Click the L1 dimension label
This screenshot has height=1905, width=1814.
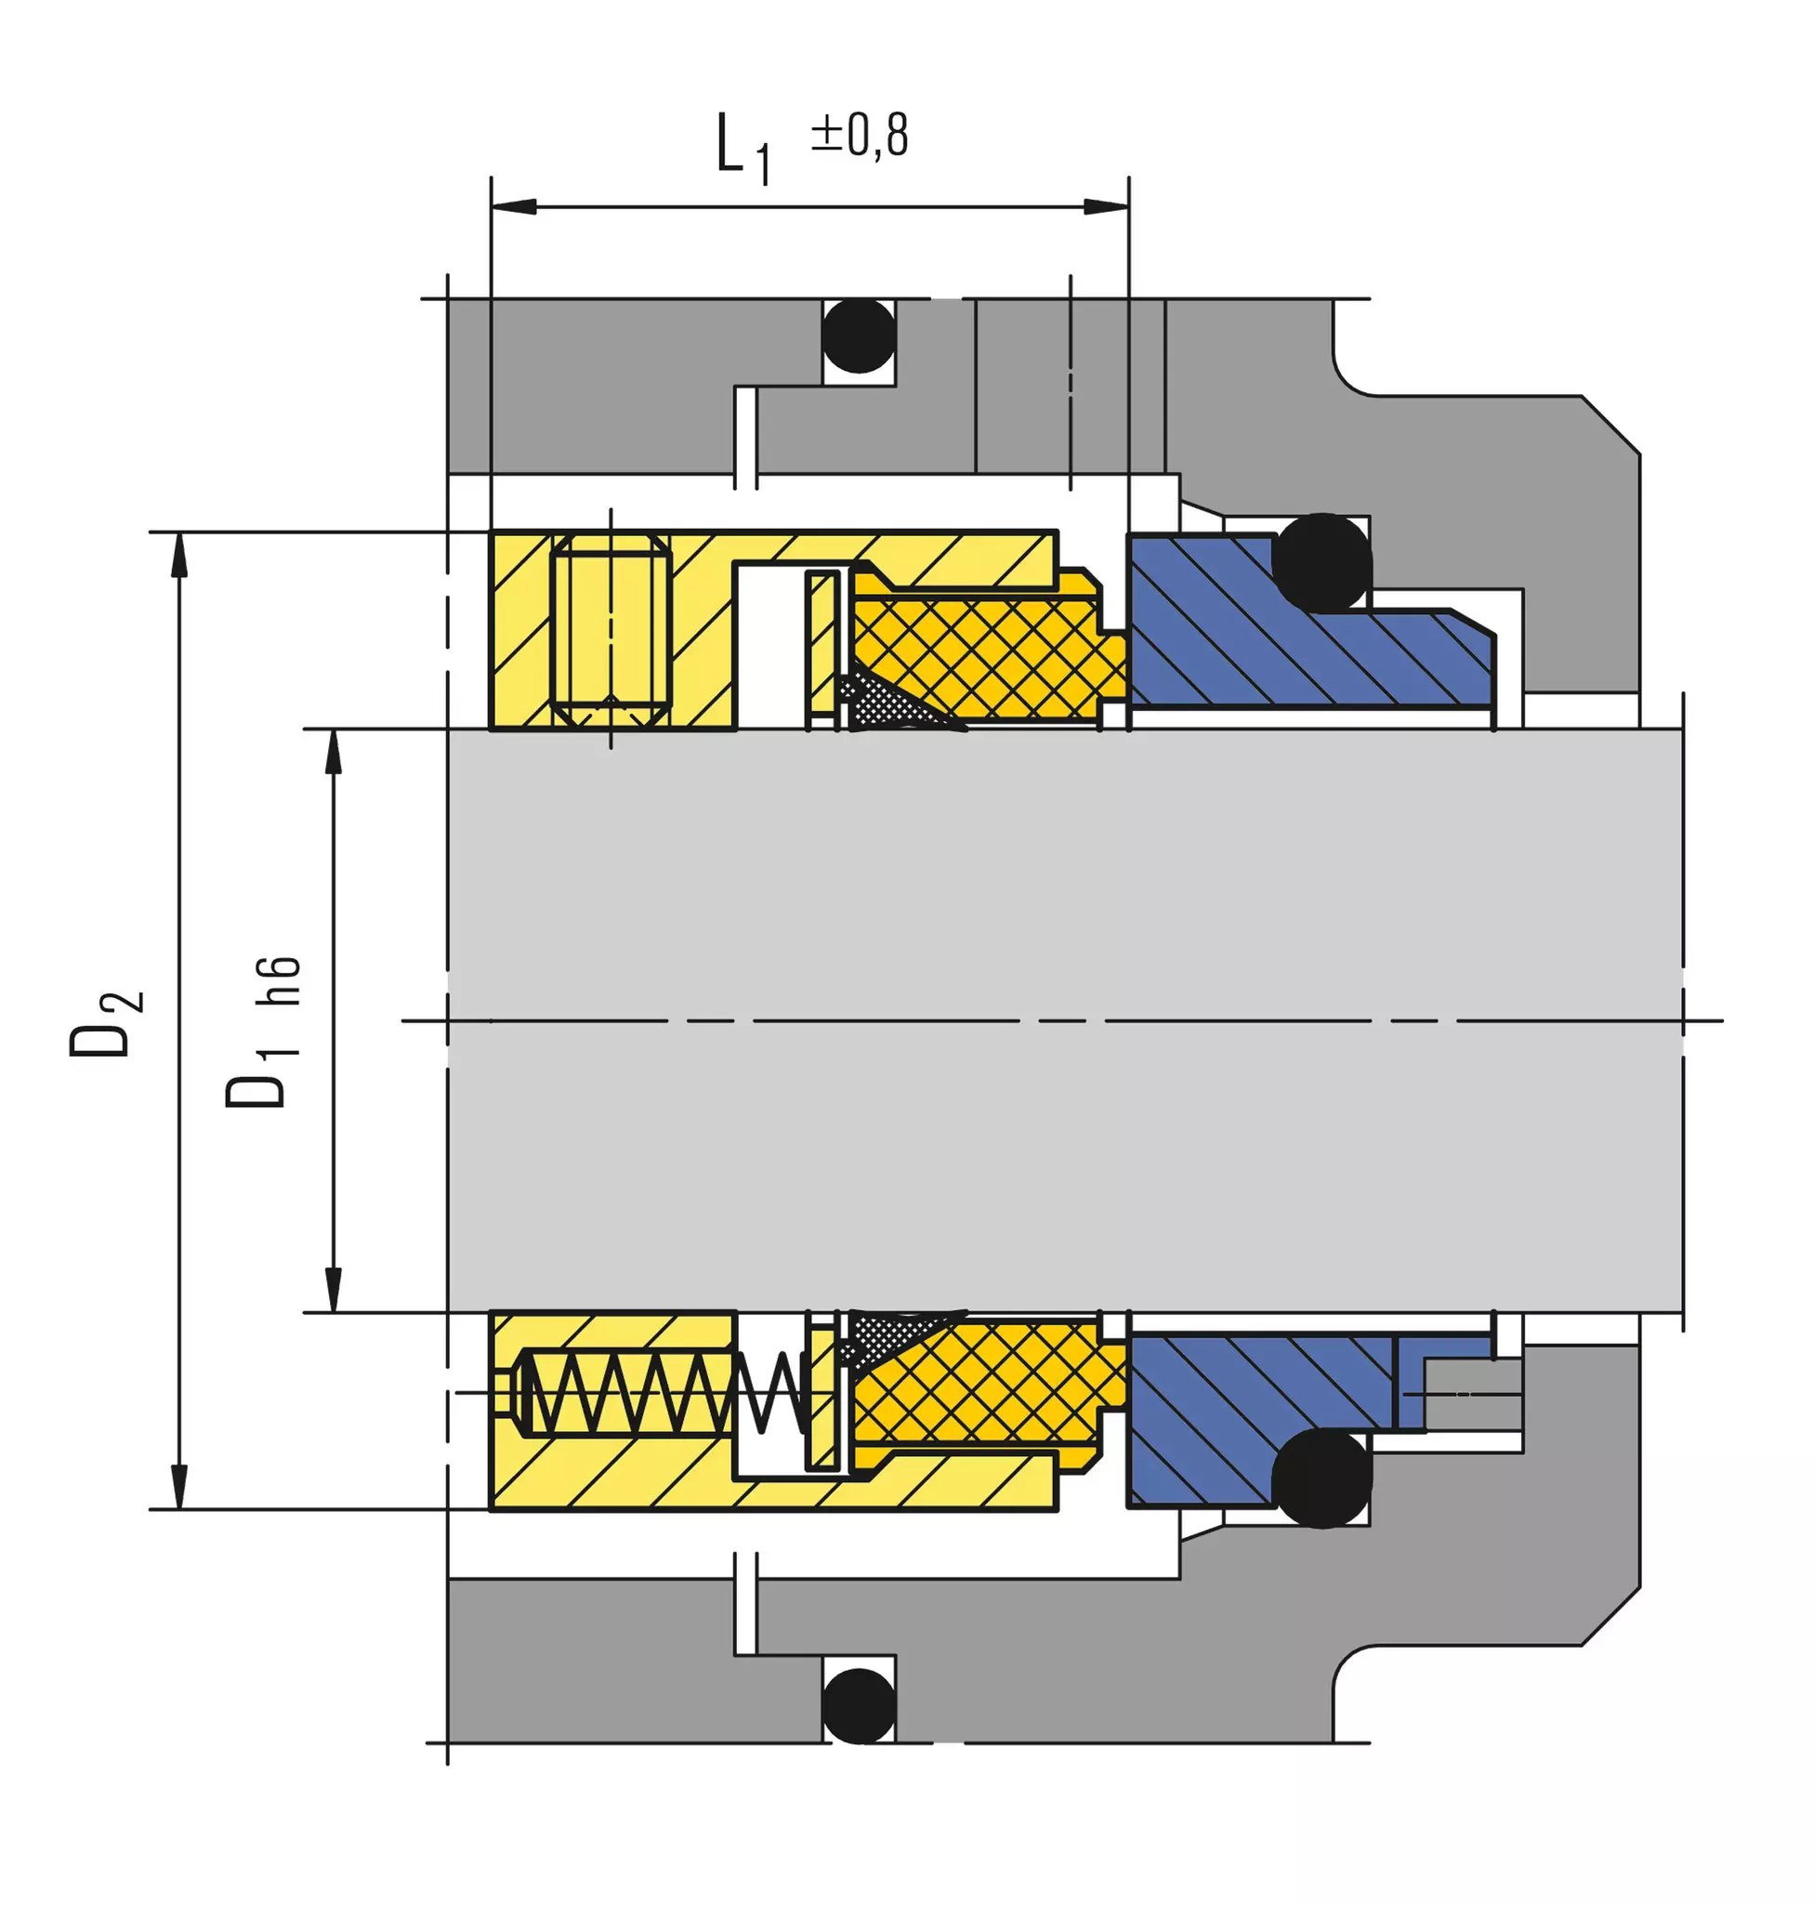pyautogui.click(x=743, y=148)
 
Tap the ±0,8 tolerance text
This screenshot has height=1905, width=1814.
pyautogui.click(x=860, y=136)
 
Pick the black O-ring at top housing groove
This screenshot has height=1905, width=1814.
pyautogui.click(x=859, y=335)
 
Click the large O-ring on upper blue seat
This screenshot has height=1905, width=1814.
pyautogui.click(x=1321, y=563)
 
